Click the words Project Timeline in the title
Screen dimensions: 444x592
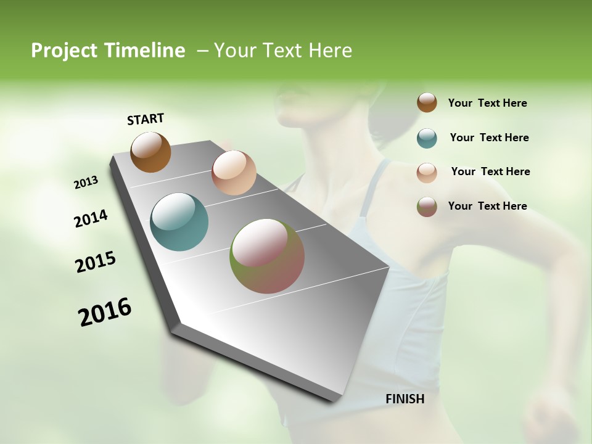pos(108,51)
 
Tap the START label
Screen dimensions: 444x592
pos(146,119)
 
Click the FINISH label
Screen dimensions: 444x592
pos(405,399)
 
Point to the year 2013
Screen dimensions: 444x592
pos(86,183)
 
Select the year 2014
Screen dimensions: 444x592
pos(91,218)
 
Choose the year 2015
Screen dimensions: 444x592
pos(96,262)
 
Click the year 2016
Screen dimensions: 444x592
pos(105,311)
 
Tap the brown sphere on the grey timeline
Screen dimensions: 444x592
pos(150,152)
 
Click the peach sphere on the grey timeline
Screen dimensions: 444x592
pos(234,173)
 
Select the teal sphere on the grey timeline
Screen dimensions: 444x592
pos(179,222)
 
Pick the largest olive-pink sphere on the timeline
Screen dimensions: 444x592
pos(267,256)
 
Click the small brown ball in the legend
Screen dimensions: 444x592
pos(427,102)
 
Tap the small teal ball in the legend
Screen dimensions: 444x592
pos(427,138)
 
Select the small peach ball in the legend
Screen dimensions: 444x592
pos(427,172)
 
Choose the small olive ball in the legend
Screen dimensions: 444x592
pos(427,207)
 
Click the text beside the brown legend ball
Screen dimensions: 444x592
pos(487,103)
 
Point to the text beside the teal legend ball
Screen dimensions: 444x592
pos(489,138)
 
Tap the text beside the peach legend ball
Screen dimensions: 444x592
pos(490,171)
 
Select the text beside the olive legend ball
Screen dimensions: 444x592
pos(487,206)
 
